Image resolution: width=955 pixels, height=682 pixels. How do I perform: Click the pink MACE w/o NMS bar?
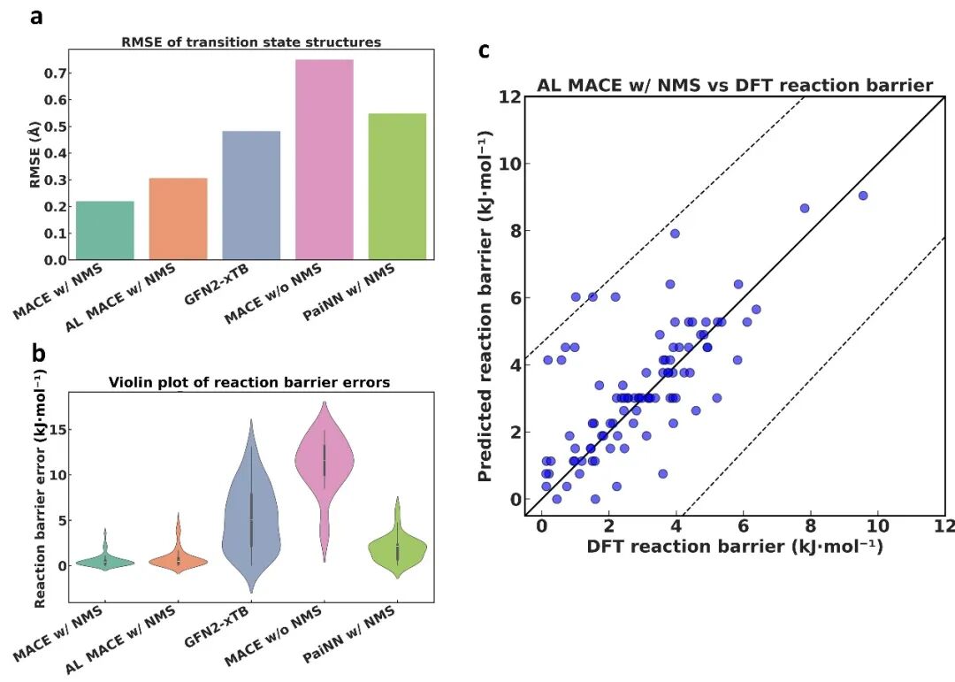point(324,160)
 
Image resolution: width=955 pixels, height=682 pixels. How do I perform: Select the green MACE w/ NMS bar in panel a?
point(104,230)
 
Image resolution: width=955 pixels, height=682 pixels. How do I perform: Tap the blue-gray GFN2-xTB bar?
point(251,195)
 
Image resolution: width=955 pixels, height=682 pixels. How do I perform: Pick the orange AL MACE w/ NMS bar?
point(178,218)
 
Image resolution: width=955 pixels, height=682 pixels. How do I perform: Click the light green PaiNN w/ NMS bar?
point(397,187)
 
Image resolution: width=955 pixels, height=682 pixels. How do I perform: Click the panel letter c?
point(484,50)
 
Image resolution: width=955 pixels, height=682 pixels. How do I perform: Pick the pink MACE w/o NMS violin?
point(324,460)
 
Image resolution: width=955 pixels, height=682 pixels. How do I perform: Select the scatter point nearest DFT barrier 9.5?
point(862,195)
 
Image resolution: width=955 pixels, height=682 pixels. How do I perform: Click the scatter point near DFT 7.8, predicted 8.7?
point(805,208)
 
